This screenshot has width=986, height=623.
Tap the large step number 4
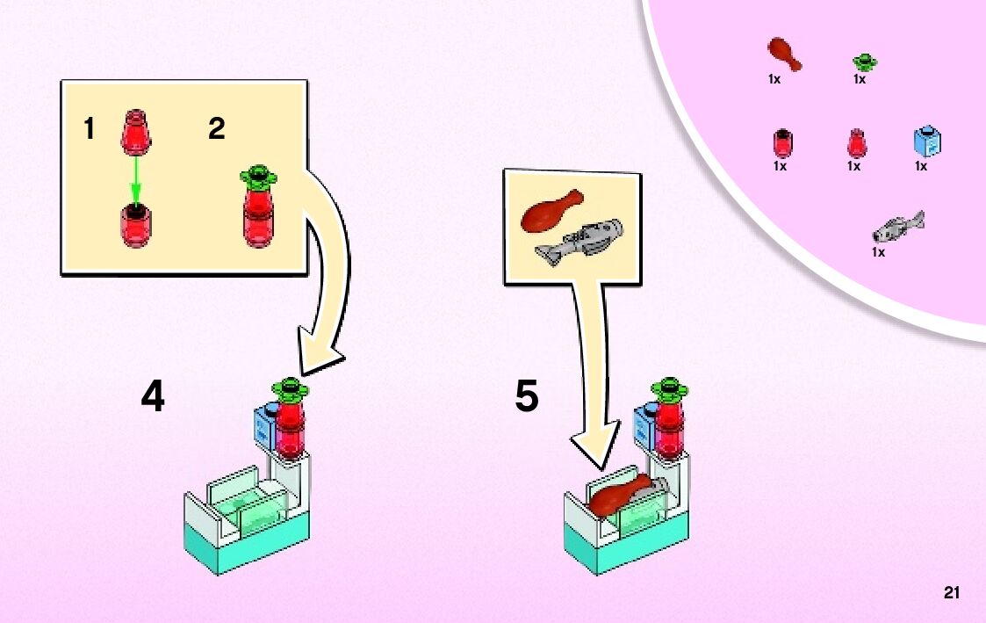[153, 397]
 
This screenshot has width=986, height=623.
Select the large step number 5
[526, 397]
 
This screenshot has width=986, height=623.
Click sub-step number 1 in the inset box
[89, 130]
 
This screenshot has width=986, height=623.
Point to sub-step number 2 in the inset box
[216, 130]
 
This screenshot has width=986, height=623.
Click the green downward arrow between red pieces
[135, 179]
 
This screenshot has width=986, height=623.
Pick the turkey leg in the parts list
[784, 54]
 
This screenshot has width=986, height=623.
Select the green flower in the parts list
[865, 62]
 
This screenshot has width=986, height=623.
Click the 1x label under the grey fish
[878, 252]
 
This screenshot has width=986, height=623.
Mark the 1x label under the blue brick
[921, 165]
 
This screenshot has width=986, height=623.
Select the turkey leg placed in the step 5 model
[620, 496]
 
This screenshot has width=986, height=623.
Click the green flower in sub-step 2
[258, 176]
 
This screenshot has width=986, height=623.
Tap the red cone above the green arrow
[135, 127]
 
